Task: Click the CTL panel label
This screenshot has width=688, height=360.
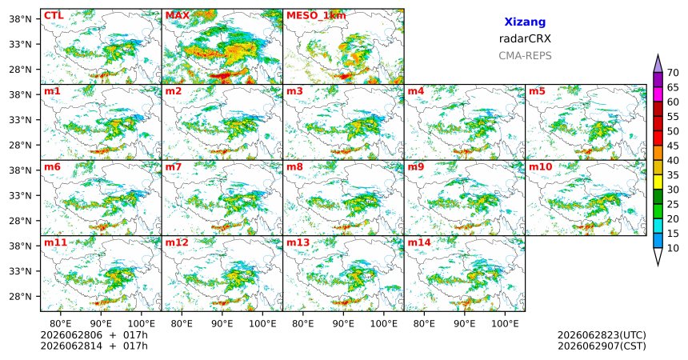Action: pos(54,16)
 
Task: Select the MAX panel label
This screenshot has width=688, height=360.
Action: pos(178,16)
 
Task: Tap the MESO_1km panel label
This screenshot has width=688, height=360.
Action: pos(316,16)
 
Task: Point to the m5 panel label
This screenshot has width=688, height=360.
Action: pos(537,91)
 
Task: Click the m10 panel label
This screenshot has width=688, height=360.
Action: pos(540,167)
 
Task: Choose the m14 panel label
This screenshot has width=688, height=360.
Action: pos(419,242)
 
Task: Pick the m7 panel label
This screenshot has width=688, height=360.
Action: pos(174,167)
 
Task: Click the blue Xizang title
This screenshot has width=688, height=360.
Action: pos(525,22)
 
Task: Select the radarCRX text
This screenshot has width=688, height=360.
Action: pos(525,38)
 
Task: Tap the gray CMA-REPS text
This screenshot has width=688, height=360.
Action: pos(525,56)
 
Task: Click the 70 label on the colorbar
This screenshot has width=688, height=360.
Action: pos(673,73)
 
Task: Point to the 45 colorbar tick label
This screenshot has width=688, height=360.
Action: pos(673,146)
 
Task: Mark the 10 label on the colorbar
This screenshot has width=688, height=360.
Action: pos(673,248)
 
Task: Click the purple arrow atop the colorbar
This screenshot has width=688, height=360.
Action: pos(658,64)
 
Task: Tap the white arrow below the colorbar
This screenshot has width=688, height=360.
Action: pos(658,256)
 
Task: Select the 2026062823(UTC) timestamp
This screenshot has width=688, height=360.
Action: pos(602,335)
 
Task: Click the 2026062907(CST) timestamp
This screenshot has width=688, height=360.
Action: pos(602,346)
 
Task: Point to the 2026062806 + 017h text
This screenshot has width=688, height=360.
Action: pos(94,335)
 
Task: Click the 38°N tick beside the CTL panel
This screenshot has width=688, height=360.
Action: pos(20,18)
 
